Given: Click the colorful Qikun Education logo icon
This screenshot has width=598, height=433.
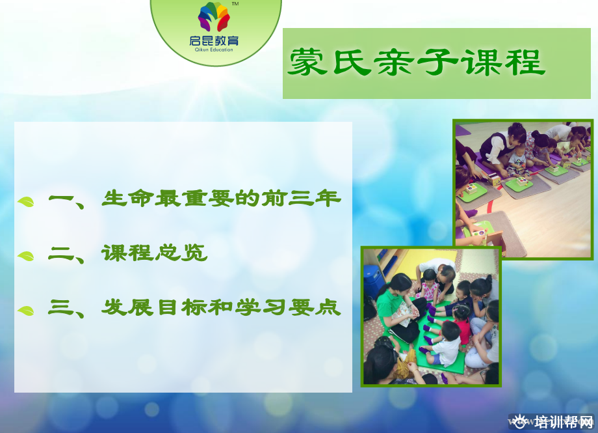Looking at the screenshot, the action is click(214, 16).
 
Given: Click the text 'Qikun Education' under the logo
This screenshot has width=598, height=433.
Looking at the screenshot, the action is click(214, 49).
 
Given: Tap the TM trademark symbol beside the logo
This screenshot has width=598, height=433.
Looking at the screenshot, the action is click(235, 4).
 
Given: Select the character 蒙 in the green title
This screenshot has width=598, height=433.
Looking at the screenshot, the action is click(307, 61).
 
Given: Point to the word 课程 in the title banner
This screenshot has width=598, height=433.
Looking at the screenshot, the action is click(502, 62).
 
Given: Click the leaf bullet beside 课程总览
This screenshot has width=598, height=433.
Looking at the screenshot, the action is click(26, 256).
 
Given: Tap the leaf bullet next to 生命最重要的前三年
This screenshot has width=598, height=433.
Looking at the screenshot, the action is click(26, 201).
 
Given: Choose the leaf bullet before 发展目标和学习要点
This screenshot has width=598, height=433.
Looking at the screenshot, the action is click(26, 311).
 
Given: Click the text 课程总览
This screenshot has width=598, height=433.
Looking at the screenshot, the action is click(155, 253).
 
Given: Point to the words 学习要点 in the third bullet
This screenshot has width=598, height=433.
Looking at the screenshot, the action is click(288, 307).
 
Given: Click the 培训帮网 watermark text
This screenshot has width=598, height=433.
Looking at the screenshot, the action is click(564, 422).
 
